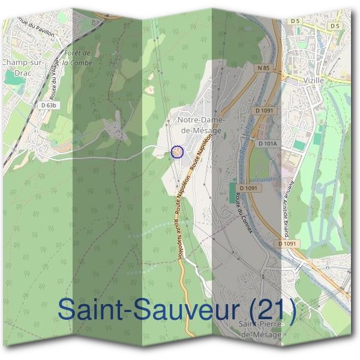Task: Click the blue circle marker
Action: (176, 152)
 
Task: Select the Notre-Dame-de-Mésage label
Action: (200, 125)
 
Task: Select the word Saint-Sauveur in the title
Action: (142, 310)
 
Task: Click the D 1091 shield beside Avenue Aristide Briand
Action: (288, 244)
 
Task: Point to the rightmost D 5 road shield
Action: (335, 26)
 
